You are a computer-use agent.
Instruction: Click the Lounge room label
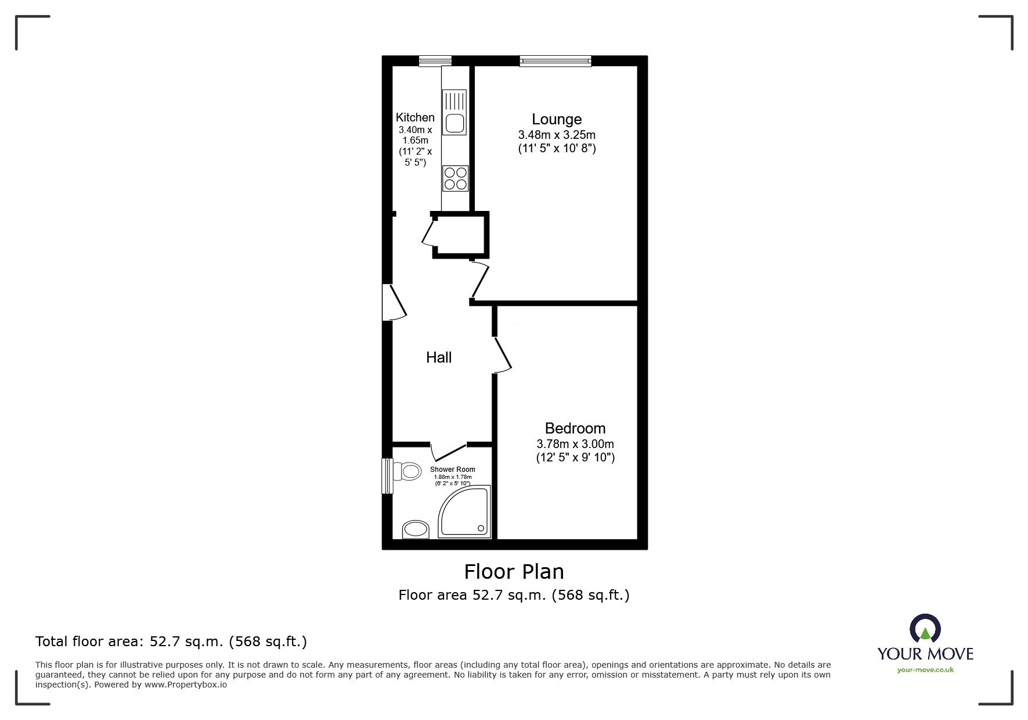pos(556,119)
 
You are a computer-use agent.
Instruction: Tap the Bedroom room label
pos(575,428)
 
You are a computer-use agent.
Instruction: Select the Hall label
pos(438,357)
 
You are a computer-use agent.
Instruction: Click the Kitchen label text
pos(415,117)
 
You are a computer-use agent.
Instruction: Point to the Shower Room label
pos(452,470)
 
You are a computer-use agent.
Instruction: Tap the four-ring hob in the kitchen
pos(455,178)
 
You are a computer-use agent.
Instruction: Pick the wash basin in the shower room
pos(416,529)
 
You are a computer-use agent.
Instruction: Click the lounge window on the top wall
pos(555,60)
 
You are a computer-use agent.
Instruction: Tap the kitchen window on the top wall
pos(435,60)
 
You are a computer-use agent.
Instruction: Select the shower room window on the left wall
pos(387,476)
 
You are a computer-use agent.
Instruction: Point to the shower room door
pos(448,452)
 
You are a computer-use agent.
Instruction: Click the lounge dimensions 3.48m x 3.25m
pos(556,135)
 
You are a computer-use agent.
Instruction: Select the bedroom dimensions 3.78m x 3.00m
pos(575,444)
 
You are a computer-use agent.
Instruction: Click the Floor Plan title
pos(514,572)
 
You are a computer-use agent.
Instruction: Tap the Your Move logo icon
pos(924,629)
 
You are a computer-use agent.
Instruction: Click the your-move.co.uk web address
pos(925,670)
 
